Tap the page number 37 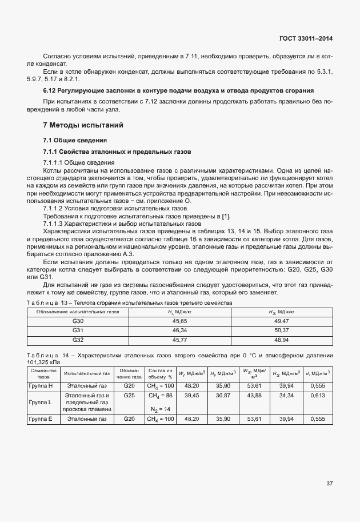(329, 484)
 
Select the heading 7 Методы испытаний (83, 125)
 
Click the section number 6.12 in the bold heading (50, 91)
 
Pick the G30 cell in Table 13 (78, 322)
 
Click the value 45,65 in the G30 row (179, 322)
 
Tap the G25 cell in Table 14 (129, 395)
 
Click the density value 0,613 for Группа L (317, 395)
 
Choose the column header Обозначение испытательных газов (78, 312)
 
